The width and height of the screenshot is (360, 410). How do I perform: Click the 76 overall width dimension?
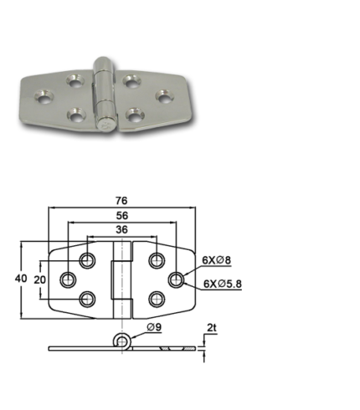tap(121, 201)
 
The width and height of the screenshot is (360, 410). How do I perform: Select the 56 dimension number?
tap(122, 216)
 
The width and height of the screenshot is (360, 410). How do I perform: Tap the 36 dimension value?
tap(122, 230)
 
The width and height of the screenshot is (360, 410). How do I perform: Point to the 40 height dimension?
tap(21, 279)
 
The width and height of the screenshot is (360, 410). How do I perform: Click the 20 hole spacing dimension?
tap(40, 279)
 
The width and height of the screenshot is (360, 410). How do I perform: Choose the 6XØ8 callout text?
tap(217, 260)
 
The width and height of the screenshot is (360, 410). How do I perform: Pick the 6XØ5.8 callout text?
tap(223, 284)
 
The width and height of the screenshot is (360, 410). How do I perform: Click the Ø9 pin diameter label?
tap(154, 327)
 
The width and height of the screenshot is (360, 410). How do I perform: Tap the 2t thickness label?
tap(212, 328)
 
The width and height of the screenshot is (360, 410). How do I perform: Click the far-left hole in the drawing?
tap(68, 279)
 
